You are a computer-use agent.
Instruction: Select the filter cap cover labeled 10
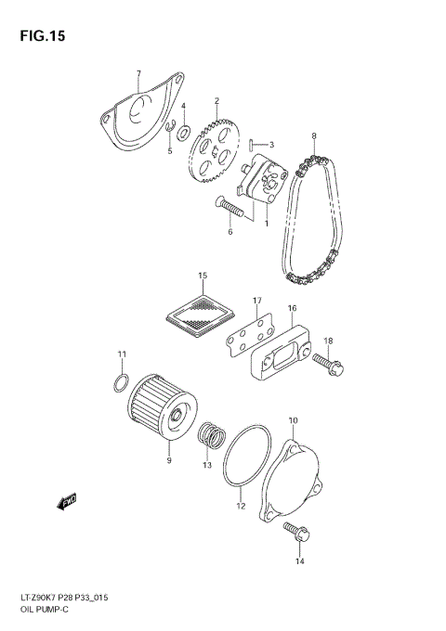pos(295,478)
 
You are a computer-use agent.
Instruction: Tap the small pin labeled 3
pos(251,143)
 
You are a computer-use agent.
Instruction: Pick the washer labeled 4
pos(184,128)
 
